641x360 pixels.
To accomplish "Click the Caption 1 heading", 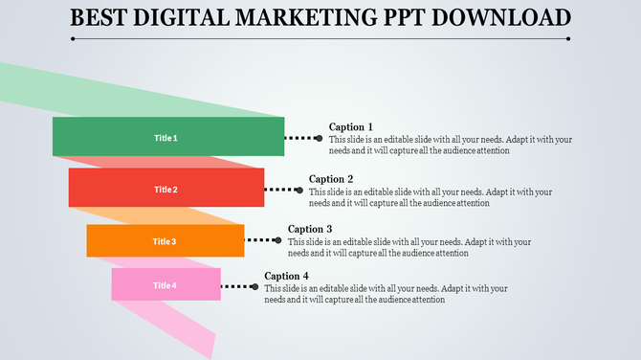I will [350, 127].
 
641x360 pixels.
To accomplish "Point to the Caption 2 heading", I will [331, 179].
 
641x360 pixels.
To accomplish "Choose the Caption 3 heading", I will [310, 230].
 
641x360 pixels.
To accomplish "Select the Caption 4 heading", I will [287, 276].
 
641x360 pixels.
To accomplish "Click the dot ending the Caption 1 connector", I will [319, 138].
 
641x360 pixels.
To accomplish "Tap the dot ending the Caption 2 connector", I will [298, 190].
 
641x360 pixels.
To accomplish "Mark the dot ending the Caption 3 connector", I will [277, 240].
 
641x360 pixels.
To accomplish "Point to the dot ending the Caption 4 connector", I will [254, 285].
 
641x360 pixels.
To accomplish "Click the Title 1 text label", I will [166, 138].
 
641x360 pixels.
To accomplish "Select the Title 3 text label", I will [165, 241].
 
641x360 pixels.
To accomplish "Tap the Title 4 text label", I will [165, 285].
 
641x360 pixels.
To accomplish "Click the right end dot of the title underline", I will [568, 39].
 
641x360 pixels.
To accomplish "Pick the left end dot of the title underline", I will [73, 39].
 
